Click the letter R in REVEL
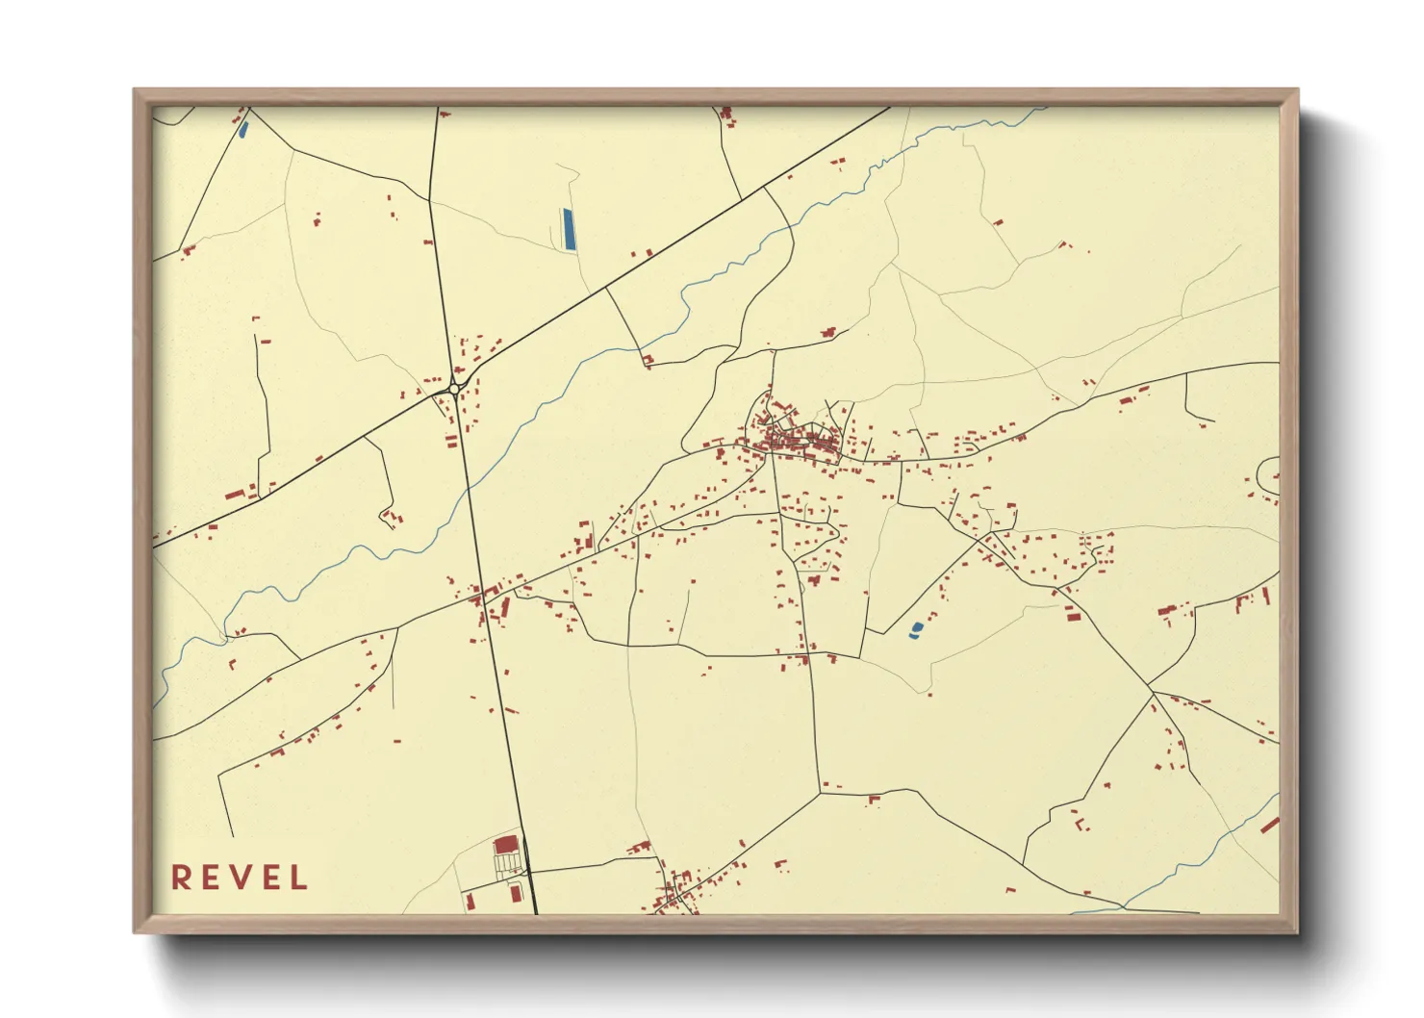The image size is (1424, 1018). (x=180, y=878)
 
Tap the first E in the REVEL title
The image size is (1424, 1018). (x=211, y=878)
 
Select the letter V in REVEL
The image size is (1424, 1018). (x=241, y=878)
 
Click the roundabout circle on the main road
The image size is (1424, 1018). (x=454, y=389)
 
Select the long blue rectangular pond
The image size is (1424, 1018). (x=568, y=229)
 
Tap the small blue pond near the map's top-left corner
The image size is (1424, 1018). (x=242, y=128)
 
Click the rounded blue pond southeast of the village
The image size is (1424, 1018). (x=915, y=630)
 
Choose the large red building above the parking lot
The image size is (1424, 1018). (x=505, y=846)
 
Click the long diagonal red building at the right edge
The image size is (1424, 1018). (x=1269, y=825)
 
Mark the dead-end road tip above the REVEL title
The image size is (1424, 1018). (x=232, y=835)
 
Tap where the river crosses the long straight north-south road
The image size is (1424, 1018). (x=470, y=492)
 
